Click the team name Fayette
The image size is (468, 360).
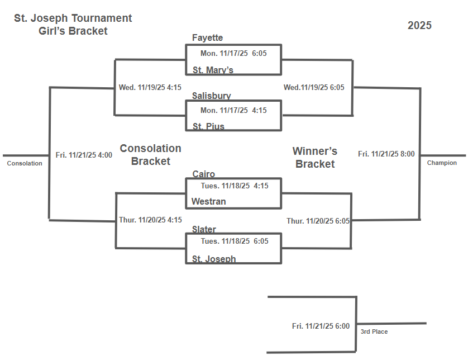click(x=207, y=38)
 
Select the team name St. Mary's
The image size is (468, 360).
click(x=213, y=70)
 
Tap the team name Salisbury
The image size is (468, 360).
click(x=211, y=96)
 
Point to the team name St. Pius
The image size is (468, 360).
click(x=208, y=126)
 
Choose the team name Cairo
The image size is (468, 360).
click(x=203, y=174)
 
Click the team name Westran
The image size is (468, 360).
click(x=208, y=201)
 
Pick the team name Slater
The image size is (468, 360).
click(x=204, y=229)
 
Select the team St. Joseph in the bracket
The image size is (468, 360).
click(x=214, y=259)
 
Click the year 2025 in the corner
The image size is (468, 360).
click(x=419, y=25)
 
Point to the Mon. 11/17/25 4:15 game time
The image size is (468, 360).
click(x=233, y=110)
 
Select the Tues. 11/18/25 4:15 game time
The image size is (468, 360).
click(x=235, y=186)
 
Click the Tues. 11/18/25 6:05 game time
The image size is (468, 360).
click(x=235, y=241)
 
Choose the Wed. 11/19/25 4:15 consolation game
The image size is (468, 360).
click(x=150, y=87)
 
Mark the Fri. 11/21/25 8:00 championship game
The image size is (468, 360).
click(x=386, y=154)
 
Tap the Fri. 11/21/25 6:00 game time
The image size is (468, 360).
click(x=321, y=326)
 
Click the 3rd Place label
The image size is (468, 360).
click(x=374, y=331)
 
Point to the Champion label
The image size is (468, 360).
click(x=442, y=163)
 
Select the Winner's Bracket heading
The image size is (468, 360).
click(x=315, y=158)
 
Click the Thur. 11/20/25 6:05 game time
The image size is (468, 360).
click(x=318, y=221)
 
